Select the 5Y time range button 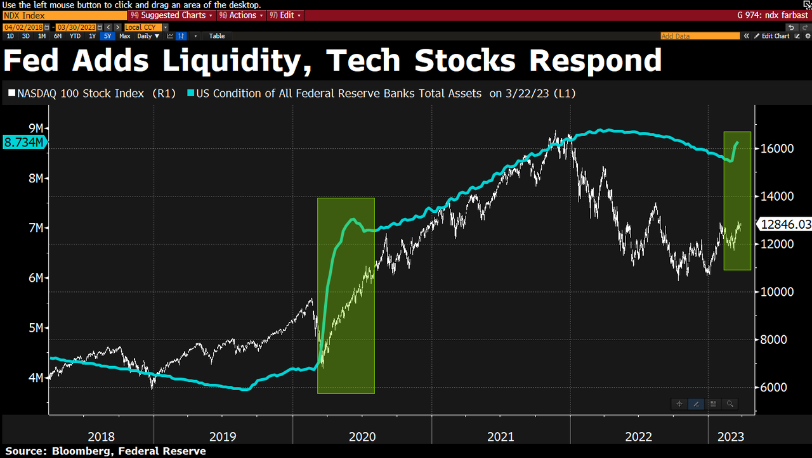(107, 36)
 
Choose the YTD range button (75, 36)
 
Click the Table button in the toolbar (217, 36)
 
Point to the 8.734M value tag (23, 143)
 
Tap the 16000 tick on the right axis (773, 148)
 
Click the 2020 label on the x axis (362, 437)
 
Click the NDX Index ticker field (63, 15)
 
